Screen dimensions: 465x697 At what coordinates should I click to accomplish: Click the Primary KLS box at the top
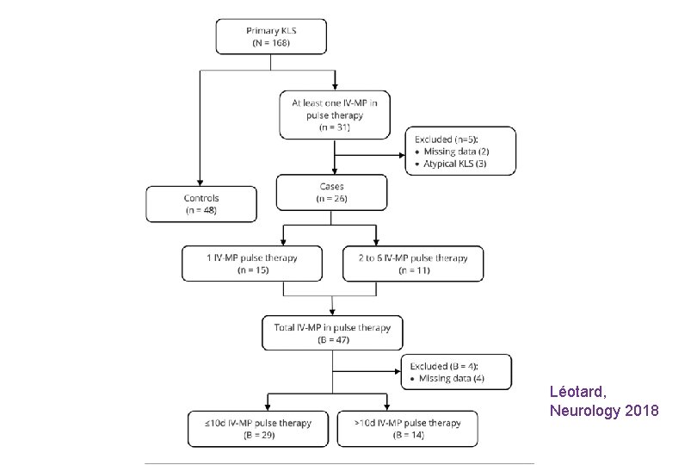tap(271, 34)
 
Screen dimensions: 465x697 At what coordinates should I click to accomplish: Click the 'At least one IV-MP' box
tap(334, 114)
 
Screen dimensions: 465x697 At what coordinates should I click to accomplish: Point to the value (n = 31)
tap(334, 127)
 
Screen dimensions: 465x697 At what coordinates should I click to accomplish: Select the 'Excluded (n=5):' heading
tap(448, 138)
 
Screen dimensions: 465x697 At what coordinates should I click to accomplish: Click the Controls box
tap(201, 203)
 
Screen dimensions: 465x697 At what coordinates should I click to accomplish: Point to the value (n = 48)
tap(201, 210)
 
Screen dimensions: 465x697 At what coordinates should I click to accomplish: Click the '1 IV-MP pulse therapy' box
tap(252, 263)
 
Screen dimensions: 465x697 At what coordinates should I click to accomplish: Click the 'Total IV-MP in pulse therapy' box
tap(331, 332)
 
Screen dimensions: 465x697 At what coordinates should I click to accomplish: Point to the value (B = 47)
tap(331, 340)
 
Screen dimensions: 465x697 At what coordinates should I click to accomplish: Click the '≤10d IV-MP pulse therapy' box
tap(259, 429)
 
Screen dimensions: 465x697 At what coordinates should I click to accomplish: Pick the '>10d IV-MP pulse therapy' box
tap(407, 429)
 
